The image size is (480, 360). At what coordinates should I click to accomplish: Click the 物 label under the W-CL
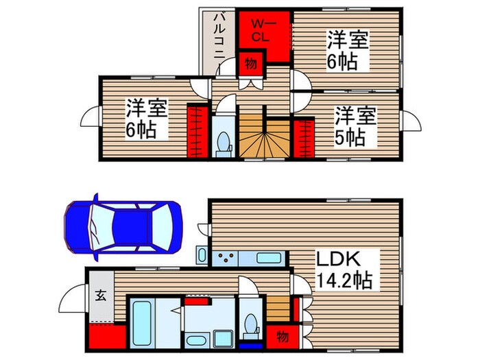click(x=250, y=65)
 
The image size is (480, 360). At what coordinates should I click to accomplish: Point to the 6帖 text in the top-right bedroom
click(x=342, y=62)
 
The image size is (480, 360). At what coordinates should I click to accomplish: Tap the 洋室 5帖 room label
click(x=355, y=125)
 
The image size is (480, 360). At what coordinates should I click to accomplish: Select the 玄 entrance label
click(x=100, y=296)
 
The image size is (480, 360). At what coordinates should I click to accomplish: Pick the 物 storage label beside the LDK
click(x=281, y=337)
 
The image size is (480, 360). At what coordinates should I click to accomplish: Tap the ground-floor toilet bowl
click(x=250, y=325)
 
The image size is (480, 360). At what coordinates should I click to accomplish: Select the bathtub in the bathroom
click(x=144, y=322)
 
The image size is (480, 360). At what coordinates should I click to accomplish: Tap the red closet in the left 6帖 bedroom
click(x=197, y=130)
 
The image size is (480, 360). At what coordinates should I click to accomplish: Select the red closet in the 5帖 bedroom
click(x=304, y=137)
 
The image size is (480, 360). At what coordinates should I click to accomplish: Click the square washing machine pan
click(x=223, y=339)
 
